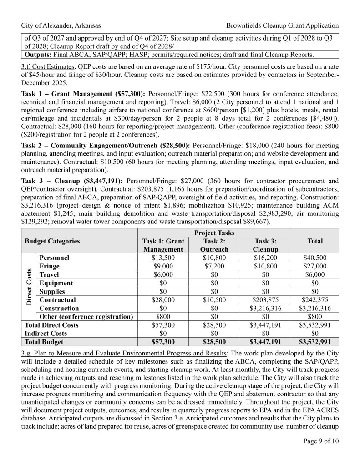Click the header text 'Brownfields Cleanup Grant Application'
click(x=282, y=25)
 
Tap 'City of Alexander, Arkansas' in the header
click(x=61, y=25)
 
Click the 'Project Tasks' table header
click(x=214, y=233)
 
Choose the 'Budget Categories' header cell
click(x=52, y=241)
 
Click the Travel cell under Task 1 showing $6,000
click(x=163, y=274)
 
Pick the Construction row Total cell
click(x=315, y=309)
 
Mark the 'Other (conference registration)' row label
click(x=86, y=317)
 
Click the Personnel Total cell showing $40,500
click(x=315, y=258)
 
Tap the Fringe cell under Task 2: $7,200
click(x=214, y=266)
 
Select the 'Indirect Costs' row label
click(x=46, y=334)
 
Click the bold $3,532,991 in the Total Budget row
click(x=315, y=342)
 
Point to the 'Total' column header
click(x=315, y=241)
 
